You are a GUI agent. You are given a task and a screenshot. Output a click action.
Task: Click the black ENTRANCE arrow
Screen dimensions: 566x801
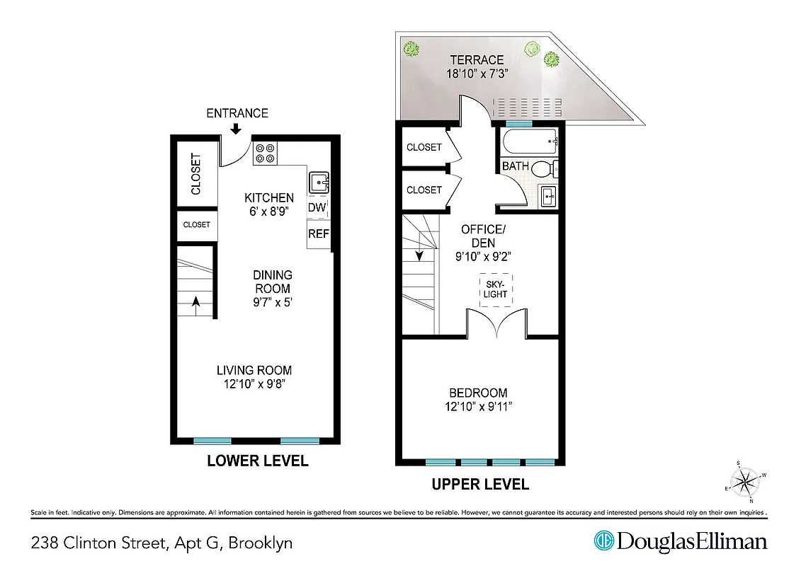[x=236, y=128]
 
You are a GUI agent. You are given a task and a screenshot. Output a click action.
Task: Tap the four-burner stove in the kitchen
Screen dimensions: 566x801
[x=266, y=154]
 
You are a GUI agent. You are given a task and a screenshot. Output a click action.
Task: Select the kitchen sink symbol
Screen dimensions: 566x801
[x=319, y=183]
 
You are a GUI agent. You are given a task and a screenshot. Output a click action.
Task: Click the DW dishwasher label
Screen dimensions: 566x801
[x=317, y=208]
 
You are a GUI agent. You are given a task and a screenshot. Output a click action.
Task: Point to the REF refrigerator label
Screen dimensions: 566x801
[x=318, y=233]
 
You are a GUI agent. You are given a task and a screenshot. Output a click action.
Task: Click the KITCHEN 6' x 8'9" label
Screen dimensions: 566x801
[x=269, y=204]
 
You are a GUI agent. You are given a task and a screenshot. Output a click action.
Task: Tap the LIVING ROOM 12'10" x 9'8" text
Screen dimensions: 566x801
[x=254, y=376]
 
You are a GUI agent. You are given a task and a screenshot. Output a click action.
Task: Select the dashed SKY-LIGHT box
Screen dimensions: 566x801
[x=496, y=289]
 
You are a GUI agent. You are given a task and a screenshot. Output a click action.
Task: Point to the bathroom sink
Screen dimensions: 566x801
[x=548, y=196]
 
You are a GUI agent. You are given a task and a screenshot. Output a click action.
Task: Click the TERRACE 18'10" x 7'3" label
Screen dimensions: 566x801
[x=477, y=67]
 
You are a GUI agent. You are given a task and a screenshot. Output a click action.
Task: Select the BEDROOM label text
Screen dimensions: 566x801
[x=478, y=393]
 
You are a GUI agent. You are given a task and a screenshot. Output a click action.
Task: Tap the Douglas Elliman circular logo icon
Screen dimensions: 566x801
[x=603, y=541]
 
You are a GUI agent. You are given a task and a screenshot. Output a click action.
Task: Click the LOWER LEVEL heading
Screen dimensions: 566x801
[x=257, y=461]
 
